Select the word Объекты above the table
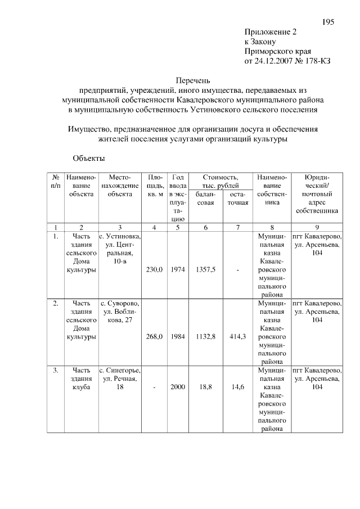(88, 159)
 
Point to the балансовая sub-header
(205, 199)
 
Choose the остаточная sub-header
(238, 199)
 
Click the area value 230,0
(154, 270)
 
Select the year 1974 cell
(178, 270)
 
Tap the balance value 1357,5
(205, 270)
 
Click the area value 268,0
(154, 336)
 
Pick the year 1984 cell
(178, 336)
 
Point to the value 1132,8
(205, 336)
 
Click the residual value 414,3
(238, 336)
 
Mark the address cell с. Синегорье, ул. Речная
(120, 379)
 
